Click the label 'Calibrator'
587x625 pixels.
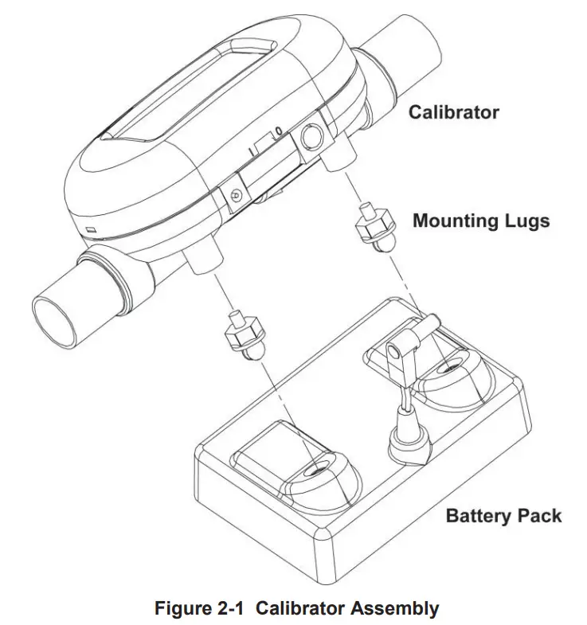[x=453, y=111]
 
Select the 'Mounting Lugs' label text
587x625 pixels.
[x=480, y=221]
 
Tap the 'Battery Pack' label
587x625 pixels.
[x=503, y=515]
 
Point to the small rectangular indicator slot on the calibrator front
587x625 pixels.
[x=92, y=229]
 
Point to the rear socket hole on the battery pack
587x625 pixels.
[x=447, y=369]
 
